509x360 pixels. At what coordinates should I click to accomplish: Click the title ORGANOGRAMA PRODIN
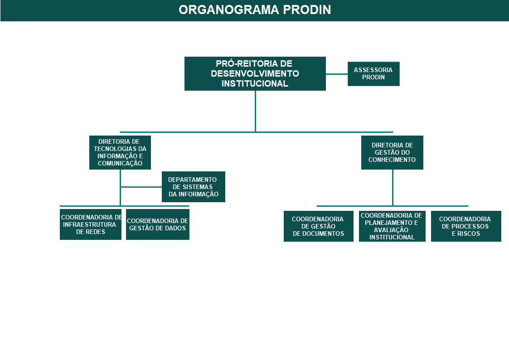pyautogui.click(x=255, y=10)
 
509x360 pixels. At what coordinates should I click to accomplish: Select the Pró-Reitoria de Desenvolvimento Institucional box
pyautogui.click(x=255, y=74)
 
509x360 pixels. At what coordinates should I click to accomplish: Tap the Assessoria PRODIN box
pyautogui.click(x=373, y=74)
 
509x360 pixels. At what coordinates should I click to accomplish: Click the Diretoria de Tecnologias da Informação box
pyautogui.click(x=120, y=153)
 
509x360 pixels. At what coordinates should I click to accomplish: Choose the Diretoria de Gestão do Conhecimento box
pyautogui.click(x=392, y=153)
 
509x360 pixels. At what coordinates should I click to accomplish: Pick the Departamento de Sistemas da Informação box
pyautogui.click(x=194, y=187)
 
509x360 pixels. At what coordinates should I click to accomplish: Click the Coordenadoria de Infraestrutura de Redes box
pyautogui.click(x=91, y=224)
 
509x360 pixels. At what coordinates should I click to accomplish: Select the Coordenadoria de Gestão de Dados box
pyautogui.click(x=158, y=224)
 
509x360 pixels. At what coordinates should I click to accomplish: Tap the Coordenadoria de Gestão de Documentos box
pyautogui.click(x=319, y=226)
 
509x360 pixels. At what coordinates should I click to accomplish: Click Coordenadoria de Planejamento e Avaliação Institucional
pyautogui.click(x=392, y=226)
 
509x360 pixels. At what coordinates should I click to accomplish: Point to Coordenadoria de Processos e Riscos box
pyautogui.click(x=466, y=226)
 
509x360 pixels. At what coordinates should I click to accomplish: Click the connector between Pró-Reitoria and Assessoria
pyautogui.click(x=337, y=74)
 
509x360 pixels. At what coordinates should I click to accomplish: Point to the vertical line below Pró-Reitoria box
pyautogui.click(x=256, y=112)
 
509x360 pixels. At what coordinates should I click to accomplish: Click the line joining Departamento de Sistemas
pyautogui.click(x=141, y=187)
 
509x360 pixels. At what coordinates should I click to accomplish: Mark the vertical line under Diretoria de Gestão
pyautogui.click(x=393, y=188)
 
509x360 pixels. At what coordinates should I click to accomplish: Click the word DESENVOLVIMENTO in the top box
pyautogui.click(x=255, y=74)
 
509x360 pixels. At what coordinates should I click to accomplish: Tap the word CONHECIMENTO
pyautogui.click(x=392, y=160)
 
